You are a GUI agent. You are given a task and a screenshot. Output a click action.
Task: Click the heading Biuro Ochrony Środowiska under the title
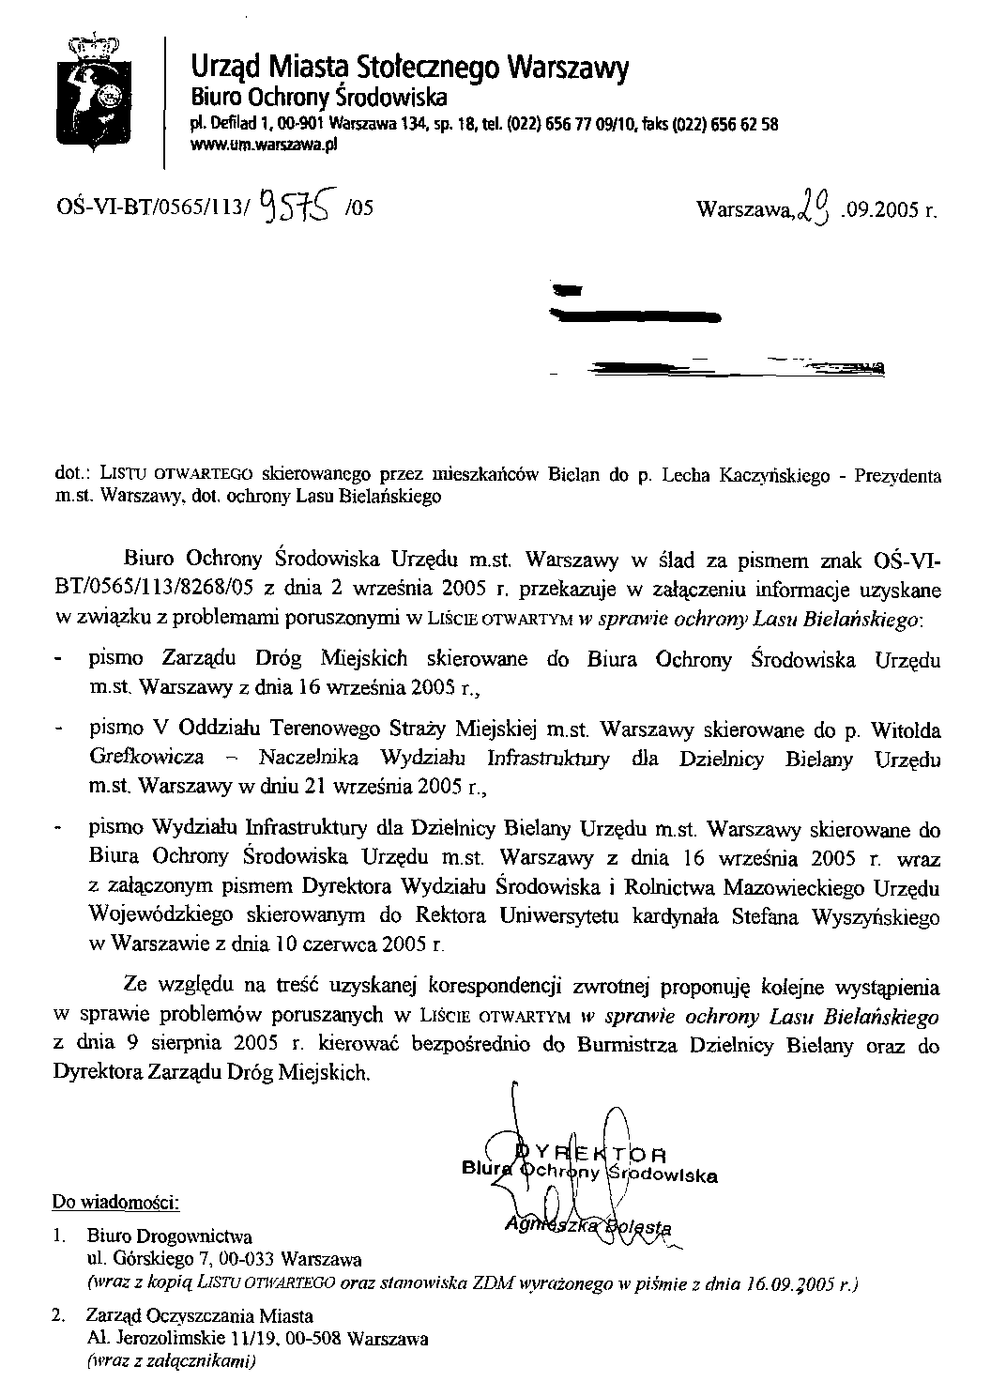coord(319,98)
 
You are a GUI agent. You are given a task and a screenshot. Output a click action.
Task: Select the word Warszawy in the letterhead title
coord(568,68)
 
